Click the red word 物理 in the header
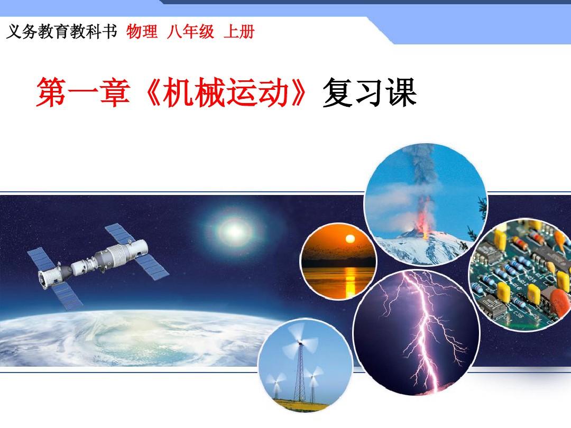[142, 32]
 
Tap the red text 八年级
[190, 32]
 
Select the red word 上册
[239, 32]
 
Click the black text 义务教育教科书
[61, 32]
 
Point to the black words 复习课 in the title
[369, 93]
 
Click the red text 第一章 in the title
[83, 93]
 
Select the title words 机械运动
[226, 93]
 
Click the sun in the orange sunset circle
[350, 239]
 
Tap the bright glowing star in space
[235, 231]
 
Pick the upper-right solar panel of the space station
[120, 234]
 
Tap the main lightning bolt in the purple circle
[424, 328]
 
